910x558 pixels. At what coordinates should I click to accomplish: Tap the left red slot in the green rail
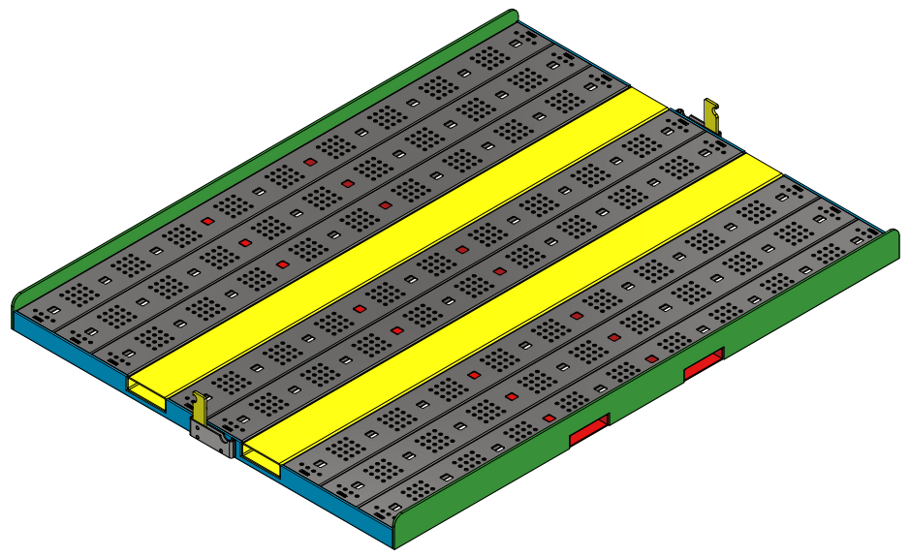(588, 431)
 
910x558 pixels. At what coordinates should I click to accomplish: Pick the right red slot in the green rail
(704, 364)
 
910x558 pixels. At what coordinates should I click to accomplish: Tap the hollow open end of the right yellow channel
(261, 457)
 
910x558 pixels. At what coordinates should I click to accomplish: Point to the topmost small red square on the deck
(310, 162)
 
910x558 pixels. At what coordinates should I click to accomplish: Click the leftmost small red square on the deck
(206, 222)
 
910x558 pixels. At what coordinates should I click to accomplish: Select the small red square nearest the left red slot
(549, 418)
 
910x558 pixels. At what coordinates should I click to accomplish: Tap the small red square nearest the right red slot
(651, 358)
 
